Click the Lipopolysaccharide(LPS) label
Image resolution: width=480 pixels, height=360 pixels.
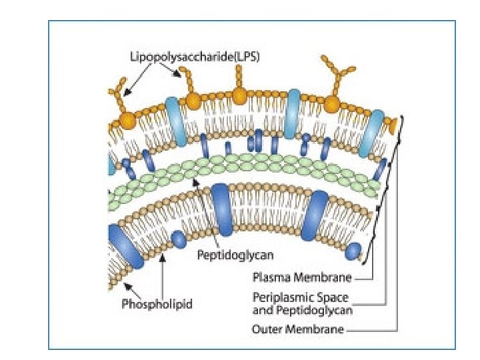194,57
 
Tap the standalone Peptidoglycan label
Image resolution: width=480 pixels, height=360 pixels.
235,255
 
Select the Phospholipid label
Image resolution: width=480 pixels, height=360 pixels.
157,305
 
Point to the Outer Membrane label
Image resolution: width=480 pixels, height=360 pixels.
298,329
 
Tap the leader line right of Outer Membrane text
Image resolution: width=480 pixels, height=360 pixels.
373,329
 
